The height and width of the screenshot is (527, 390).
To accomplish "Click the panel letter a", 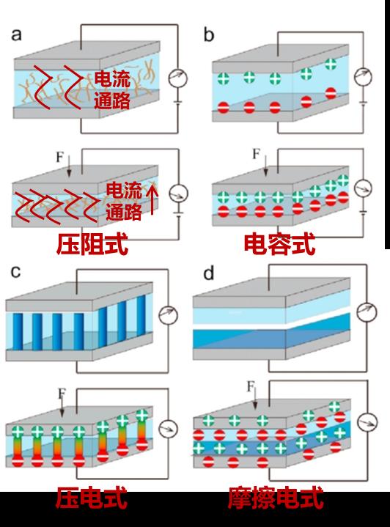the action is pos(16,35).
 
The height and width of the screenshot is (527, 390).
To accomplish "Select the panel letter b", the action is pos(208,34).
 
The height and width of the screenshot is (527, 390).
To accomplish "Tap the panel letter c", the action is pos(15,272).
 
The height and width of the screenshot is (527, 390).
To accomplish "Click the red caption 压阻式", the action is pos(92,244).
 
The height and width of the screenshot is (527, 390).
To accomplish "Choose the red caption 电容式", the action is pos(279,244).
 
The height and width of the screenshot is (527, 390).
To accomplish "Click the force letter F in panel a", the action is pos(60,157).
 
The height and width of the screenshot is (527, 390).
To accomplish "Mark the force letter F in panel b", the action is pos(256,154).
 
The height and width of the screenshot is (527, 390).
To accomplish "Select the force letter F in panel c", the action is pos(62,393).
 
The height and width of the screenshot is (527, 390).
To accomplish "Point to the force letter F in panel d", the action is pos(251,386).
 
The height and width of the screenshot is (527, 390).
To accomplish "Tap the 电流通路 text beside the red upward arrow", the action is pos(124,201).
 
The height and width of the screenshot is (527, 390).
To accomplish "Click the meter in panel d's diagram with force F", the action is pos(367,422).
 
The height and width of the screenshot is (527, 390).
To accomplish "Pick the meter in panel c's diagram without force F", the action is pos(168,315).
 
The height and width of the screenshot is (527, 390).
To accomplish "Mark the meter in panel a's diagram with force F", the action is pos(178,194).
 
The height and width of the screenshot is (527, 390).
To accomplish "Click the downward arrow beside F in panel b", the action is pos(265,166).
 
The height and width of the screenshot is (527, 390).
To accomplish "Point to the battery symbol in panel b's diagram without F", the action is pos(363,102).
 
